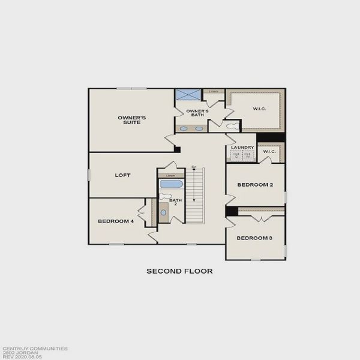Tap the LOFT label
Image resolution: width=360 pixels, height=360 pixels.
click(x=123, y=176)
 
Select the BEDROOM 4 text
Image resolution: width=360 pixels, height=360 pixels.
click(x=115, y=221)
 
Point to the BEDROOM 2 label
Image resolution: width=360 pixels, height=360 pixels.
click(x=255, y=185)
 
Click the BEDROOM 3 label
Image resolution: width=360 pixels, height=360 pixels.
click(x=254, y=238)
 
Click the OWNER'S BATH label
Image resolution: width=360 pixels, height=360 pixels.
click(x=197, y=112)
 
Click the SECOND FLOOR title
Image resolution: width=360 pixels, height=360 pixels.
click(x=179, y=271)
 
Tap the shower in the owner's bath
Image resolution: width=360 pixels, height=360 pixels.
click(x=188, y=95)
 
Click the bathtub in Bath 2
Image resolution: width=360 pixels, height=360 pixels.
click(x=172, y=184)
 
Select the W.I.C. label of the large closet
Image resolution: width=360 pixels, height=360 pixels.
click(x=259, y=109)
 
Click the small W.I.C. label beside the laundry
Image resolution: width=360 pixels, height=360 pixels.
click(x=269, y=151)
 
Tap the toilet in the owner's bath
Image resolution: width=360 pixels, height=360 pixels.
click(x=231, y=125)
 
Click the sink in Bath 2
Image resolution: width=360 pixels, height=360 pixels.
click(x=164, y=212)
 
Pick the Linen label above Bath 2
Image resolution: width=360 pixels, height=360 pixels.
click(x=171, y=175)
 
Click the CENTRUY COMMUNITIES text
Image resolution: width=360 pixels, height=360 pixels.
click(x=35, y=348)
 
